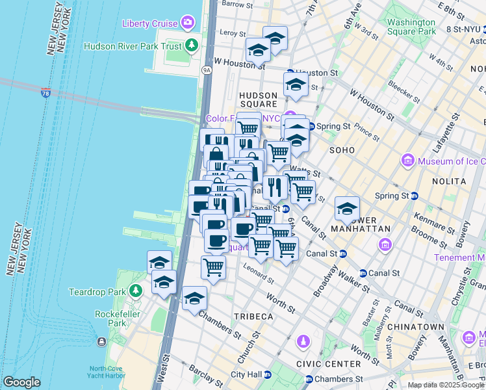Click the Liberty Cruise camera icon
[188, 23]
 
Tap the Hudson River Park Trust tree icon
[192, 45]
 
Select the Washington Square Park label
[411, 26]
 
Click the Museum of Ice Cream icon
[409, 160]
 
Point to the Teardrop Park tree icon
[135, 291]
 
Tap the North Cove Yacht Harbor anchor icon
[102, 342]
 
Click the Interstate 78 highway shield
[45, 93]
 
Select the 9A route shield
[207, 69]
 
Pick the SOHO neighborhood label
[342, 150]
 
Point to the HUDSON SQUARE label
[258, 100]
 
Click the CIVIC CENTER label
[328, 364]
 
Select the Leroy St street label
[233, 32]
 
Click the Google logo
[21, 382]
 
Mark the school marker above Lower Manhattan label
[348, 209]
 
